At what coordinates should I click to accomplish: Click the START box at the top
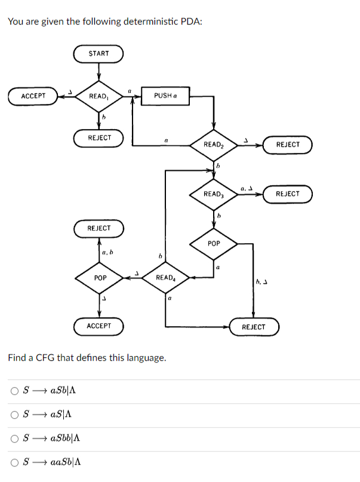(99, 54)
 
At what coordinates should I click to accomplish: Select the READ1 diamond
(99, 96)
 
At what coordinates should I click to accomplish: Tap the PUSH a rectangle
(164, 96)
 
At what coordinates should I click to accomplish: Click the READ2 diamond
(214, 145)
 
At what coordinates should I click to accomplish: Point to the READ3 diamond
(214, 194)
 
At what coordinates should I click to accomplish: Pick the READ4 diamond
(165, 278)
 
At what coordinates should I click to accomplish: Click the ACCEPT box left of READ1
(33, 96)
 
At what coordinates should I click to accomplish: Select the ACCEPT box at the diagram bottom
(99, 326)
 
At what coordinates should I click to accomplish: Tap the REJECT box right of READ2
(287, 145)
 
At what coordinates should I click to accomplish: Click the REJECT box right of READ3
(287, 194)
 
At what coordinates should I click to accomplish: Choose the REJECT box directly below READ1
(99, 138)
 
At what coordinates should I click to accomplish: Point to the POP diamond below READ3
(214, 244)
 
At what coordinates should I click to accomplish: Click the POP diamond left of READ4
(100, 278)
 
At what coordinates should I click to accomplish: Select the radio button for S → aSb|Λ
(14, 391)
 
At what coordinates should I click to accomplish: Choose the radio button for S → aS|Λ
(14, 415)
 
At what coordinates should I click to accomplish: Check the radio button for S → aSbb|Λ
(14, 439)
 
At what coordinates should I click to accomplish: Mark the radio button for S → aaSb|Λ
(14, 462)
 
